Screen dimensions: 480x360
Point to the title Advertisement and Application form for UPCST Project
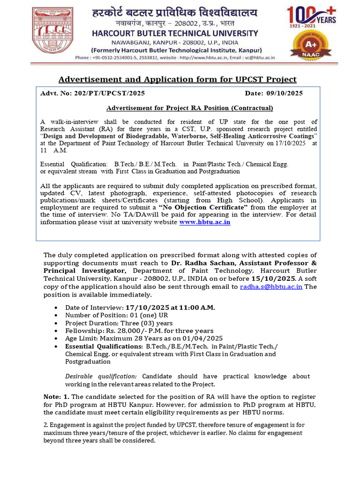pos(177,79)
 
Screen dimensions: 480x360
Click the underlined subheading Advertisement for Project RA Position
pos(189,108)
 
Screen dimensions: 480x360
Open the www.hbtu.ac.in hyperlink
pos(205,222)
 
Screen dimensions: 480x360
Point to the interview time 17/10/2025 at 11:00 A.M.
pos(171,307)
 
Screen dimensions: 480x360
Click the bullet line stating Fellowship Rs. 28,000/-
pos(139,331)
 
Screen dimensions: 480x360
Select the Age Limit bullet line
pos(144,338)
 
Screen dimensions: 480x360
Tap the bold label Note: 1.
pos(56,397)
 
